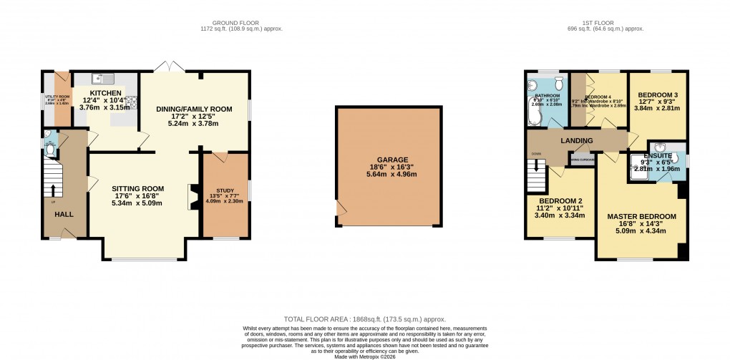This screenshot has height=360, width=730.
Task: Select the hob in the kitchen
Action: [x=132, y=104]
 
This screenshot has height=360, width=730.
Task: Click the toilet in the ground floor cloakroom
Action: [x=49, y=147]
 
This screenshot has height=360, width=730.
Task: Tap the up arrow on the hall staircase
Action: [x=53, y=190]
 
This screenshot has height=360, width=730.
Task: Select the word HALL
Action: [x=64, y=213]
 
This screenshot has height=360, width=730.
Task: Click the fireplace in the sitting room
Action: [x=192, y=197]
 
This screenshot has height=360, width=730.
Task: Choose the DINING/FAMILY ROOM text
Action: [x=195, y=109]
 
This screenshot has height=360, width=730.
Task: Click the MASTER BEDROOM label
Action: [x=641, y=216]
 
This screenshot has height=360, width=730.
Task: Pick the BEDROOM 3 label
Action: [x=658, y=95]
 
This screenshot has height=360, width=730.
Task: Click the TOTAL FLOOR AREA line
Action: [x=364, y=319]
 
